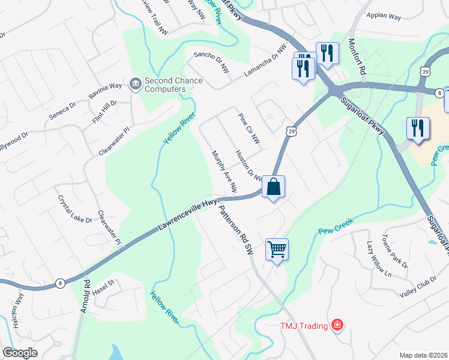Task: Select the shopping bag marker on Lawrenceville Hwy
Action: [x=273, y=187]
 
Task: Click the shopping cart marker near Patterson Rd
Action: [x=277, y=248]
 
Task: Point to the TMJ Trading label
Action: [x=304, y=326]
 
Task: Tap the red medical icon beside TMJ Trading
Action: [x=337, y=325]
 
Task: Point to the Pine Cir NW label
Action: [x=249, y=128]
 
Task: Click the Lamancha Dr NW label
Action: [x=263, y=62]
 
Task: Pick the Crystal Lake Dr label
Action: [x=75, y=209]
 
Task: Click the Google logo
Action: [x=20, y=353]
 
